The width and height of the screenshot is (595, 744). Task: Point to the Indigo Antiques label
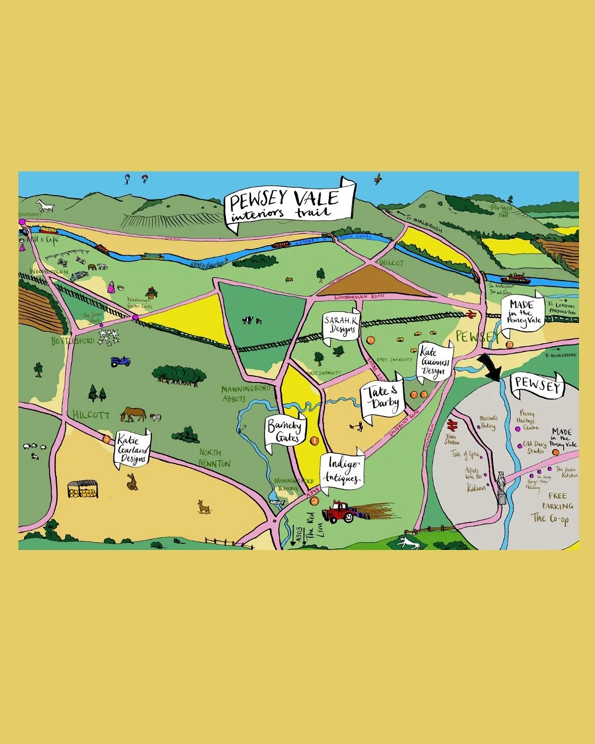pyautogui.click(x=343, y=470)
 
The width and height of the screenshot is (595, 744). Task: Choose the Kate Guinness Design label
pyautogui.click(x=435, y=362)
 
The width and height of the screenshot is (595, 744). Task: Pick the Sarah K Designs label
pyautogui.click(x=340, y=325)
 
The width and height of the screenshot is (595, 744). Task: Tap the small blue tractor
pyautogui.click(x=121, y=361)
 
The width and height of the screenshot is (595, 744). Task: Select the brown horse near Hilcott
pyautogui.click(x=133, y=413)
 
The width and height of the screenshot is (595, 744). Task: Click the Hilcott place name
pyautogui.click(x=91, y=414)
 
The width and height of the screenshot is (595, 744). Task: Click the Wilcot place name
pyautogui.click(x=391, y=263)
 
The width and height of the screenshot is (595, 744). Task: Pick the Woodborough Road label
pyautogui.click(x=359, y=297)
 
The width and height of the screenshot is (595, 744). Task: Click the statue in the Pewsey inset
pyautogui.click(x=501, y=486)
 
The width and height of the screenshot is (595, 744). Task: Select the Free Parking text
pyautogui.click(x=557, y=501)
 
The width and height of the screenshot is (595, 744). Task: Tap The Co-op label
pyautogui.click(x=549, y=518)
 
